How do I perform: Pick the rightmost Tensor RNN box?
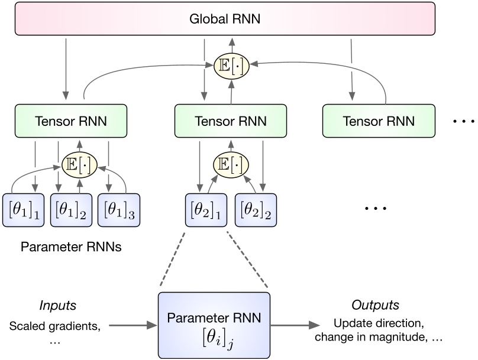[379, 121]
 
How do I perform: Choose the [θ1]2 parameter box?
[69, 210]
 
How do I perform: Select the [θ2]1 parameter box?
[206, 210]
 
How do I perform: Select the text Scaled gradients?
[55, 326]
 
